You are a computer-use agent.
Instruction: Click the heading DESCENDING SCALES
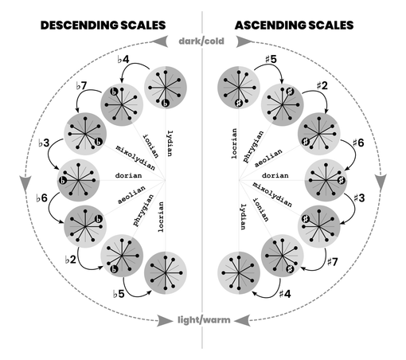(103, 25)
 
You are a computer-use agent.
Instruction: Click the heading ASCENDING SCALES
(294, 25)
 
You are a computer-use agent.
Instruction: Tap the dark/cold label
(201, 41)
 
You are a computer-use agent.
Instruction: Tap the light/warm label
(204, 320)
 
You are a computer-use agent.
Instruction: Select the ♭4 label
(123, 60)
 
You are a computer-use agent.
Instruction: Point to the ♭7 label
(81, 86)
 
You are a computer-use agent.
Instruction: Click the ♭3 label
(44, 143)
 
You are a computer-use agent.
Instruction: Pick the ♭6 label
(41, 198)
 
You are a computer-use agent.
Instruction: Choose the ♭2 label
(71, 260)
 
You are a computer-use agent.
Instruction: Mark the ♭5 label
(119, 294)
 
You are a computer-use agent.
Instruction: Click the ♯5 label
(271, 59)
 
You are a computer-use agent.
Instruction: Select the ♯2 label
(322, 85)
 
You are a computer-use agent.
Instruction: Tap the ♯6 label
(358, 143)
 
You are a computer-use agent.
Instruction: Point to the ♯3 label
(359, 198)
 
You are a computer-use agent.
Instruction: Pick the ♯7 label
(332, 262)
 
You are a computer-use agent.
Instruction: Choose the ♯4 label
(285, 294)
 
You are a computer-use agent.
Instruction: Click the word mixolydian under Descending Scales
(135, 158)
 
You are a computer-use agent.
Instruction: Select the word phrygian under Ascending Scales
(253, 147)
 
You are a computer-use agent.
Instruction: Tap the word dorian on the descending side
(128, 175)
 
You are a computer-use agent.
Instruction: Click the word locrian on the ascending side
(234, 143)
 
